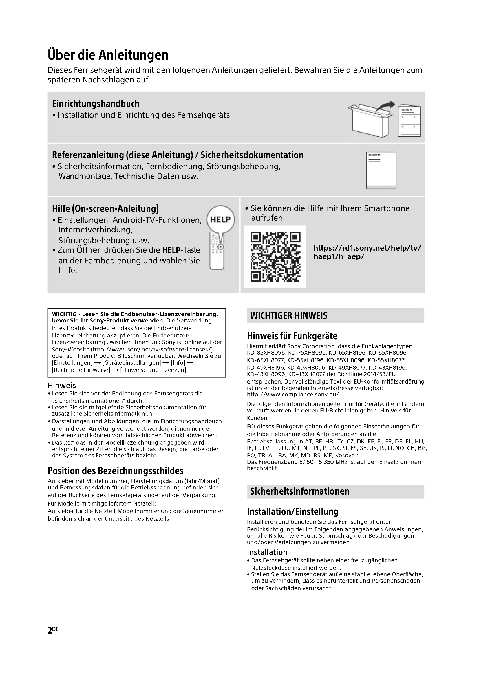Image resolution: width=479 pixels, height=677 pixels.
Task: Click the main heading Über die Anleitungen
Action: (x=108, y=55)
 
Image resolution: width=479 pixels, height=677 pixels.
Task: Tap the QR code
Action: (x=275, y=256)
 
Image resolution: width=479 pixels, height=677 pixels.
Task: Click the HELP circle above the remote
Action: (x=221, y=219)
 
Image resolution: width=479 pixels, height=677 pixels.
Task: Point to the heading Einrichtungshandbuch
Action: (x=96, y=104)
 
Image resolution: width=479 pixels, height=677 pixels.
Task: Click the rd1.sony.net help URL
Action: (x=367, y=252)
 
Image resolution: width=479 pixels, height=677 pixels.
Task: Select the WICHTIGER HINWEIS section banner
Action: (x=335, y=316)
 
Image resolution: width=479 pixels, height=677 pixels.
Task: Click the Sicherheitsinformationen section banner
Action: (x=335, y=491)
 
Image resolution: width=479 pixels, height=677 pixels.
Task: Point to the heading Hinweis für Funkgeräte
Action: (x=292, y=336)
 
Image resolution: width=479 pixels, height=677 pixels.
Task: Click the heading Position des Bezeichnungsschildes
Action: (x=115, y=471)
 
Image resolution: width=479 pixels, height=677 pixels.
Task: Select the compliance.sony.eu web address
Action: (x=292, y=395)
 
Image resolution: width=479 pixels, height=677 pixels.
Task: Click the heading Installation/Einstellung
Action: (x=292, y=511)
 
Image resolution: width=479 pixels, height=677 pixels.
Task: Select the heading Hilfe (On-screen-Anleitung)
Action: (x=105, y=208)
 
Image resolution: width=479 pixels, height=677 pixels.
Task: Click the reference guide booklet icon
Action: (x=381, y=170)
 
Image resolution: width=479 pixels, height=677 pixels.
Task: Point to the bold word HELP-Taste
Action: (x=181, y=250)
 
